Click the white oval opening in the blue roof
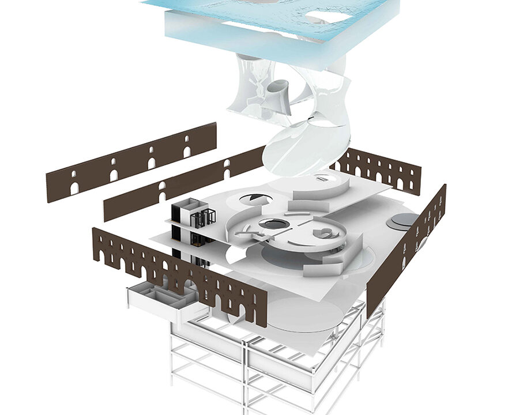[x=326, y=17]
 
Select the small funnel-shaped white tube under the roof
[x=276, y=92]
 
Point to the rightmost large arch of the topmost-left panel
[x=186, y=151]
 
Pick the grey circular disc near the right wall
[x=403, y=220]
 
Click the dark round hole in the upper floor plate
[x=257, y=199]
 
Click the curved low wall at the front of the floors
[x=323, y=268]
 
